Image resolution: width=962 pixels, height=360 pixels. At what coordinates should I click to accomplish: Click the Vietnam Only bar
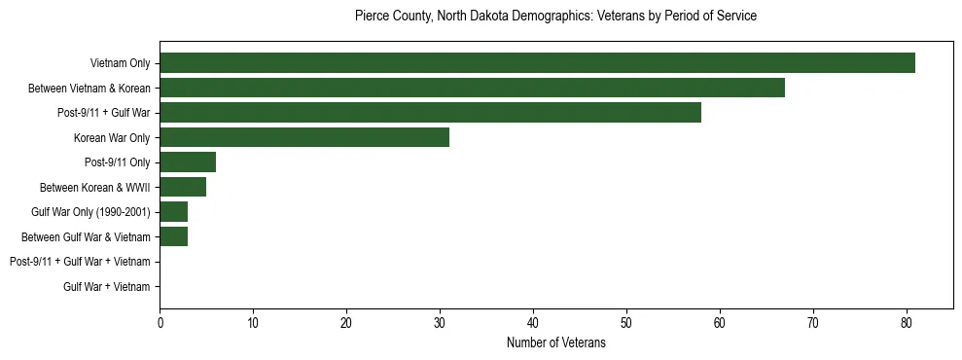(x=537, y=63)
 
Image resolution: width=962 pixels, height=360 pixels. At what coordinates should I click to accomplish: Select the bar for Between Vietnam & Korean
(x=472, y=88)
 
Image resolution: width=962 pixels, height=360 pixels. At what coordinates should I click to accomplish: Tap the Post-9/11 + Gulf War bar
(x=430, y=113)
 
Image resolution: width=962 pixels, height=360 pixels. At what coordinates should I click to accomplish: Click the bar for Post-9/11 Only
(x=188, y=162)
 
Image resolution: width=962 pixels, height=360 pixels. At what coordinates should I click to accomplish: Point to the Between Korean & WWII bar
(x=183, y=187)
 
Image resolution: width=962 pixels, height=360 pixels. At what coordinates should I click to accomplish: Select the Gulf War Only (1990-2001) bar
(x=173, y=212)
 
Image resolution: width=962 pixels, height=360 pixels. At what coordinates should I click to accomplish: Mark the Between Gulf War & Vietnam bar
(x=173, y=236)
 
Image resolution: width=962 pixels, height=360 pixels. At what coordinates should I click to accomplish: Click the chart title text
(x=555, y=17)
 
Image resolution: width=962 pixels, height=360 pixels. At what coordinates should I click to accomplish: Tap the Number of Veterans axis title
(x=555, y=342)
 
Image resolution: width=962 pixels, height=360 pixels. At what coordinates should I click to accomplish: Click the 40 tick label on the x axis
(x=533, y=323)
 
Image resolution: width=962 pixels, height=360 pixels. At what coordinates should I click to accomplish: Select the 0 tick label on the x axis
(x=160, y=323)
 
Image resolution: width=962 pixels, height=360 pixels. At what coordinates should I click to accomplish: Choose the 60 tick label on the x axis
(x=720, y=323)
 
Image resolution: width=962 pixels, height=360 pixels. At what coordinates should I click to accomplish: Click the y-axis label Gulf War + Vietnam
(x=106, y=287)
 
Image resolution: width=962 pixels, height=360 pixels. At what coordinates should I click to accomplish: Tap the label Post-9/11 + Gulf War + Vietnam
(x=80, y=262)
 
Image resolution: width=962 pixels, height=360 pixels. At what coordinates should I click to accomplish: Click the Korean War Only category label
(x=112, y=138)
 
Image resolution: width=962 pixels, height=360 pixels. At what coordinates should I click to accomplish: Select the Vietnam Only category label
(x=120, y=63)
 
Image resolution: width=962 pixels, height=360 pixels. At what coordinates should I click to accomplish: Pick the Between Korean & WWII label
(x=94, y=188)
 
